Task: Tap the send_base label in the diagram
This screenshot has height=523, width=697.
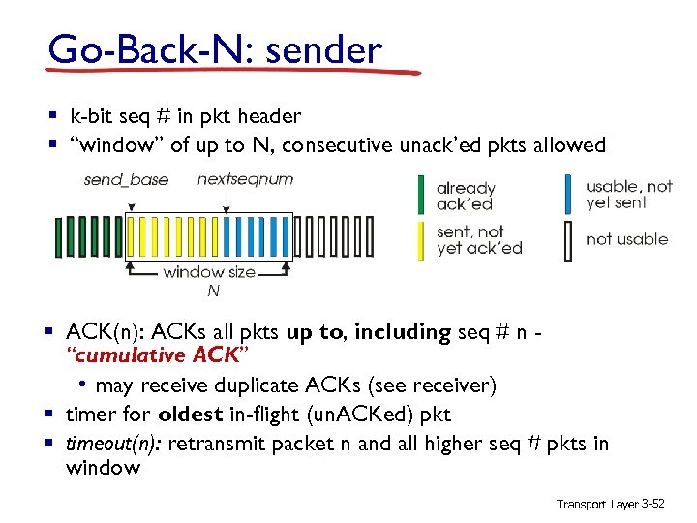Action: tap(126, 179)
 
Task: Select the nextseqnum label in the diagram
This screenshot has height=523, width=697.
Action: tap(245, 179)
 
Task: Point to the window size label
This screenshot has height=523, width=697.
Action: tap(209, 272)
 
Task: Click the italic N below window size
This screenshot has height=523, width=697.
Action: tap(213, 291)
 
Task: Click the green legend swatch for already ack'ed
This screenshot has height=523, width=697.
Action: tap(421, 196)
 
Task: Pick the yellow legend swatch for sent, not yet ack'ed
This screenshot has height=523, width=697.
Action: tap(421, 239)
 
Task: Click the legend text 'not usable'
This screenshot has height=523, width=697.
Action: tap(626, 239)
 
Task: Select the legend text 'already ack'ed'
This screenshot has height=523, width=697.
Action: tap(466, 196)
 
